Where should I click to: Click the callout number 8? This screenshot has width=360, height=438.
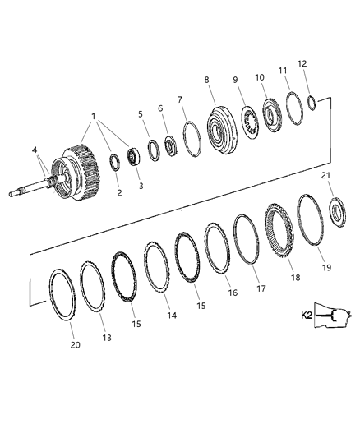pyautogui.click(x=206, y=80)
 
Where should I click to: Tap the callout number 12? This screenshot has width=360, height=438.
pyautogui.click(x=302, y=64)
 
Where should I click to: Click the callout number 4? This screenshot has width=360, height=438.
pyautogui.click(x=35, y=149)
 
